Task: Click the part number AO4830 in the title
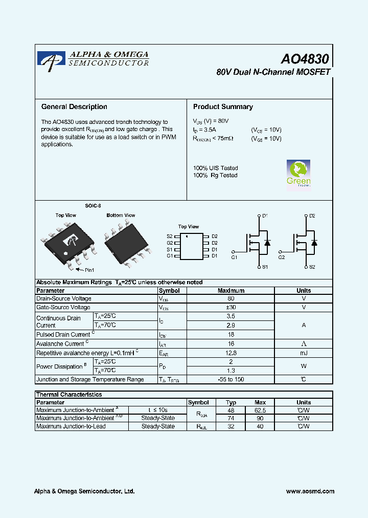coord(305,59)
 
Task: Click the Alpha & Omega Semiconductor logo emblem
coord(52,60)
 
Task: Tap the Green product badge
coord(298,174)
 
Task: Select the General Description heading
coord(74,107)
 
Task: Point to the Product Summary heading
coord(223,107)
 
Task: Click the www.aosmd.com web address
coord(310,491)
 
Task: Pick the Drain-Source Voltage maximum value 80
coord(231,298)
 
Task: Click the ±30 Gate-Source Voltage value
coord(231,307)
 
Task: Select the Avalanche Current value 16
coord(231,343)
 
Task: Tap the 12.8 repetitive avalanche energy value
coord(231,353)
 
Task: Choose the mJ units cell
coord(304,353)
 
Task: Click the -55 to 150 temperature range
coord(231,379)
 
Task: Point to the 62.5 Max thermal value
coord(260,410)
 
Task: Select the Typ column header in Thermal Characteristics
coord(231,402)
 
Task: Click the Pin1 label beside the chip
coord(89,270)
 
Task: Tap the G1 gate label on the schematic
coord(234,257)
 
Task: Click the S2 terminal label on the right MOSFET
coord(312,267)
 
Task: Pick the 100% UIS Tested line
coord(215,168)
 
